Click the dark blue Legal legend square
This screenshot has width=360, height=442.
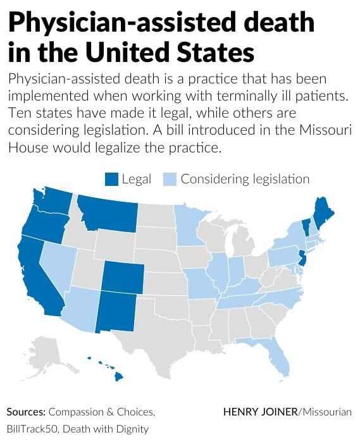111,179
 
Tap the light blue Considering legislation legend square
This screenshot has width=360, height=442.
170,179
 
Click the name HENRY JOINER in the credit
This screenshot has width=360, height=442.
261,412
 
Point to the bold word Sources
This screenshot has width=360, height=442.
26,412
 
